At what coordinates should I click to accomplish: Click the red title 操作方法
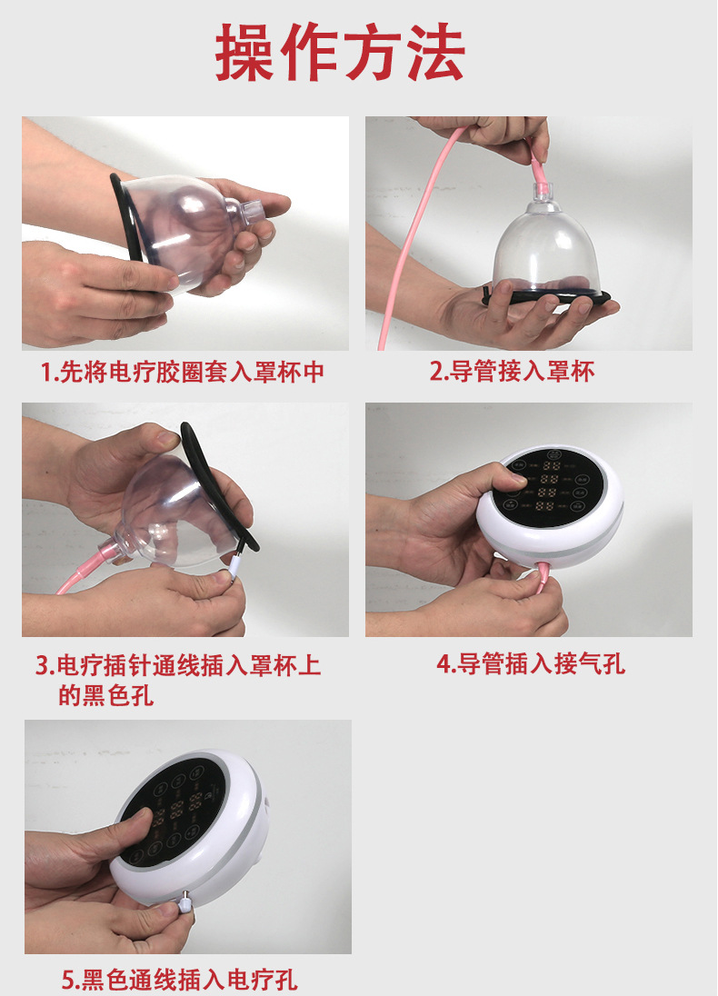[x=340, y=54]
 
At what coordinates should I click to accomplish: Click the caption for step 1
[x=182, y=373]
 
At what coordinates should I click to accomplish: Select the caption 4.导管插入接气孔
[x=531, y=664]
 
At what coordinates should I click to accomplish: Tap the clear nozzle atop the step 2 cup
[x=543, y=190]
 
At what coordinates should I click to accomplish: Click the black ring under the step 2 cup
[x=545, y=296]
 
